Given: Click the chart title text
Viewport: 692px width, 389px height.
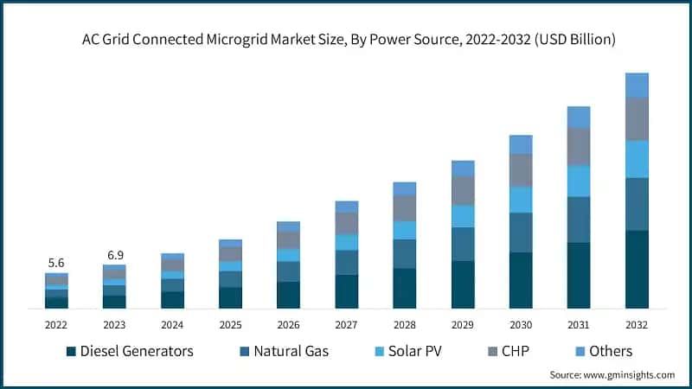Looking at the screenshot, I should coord(346,40).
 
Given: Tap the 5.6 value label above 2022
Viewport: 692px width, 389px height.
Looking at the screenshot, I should coord(56,262).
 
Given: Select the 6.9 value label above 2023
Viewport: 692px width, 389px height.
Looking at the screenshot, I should coord(114,255).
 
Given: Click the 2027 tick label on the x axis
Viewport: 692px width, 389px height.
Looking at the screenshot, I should coord(346,325).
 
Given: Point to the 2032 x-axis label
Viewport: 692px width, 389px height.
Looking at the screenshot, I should coord(637,325).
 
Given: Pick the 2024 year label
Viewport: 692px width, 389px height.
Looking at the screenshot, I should coord(172,325).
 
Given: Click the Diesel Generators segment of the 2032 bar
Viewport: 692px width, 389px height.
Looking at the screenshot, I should coord(637,269).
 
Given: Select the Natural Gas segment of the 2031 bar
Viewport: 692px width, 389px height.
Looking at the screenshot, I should coord(579,220).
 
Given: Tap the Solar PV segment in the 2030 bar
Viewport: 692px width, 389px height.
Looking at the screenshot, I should coord(521,200).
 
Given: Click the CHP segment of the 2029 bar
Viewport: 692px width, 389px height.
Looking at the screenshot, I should coord(463,190).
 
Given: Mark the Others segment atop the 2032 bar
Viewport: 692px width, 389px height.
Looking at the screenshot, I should coord(637,85).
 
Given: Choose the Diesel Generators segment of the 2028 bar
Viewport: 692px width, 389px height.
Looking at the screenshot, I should coord(404,288).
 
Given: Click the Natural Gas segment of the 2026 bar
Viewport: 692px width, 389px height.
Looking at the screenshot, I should coord(288,271).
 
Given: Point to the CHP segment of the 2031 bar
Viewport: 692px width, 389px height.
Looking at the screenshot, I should coord(579,147).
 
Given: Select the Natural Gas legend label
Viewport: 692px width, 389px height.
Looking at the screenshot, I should coord(289,352).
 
